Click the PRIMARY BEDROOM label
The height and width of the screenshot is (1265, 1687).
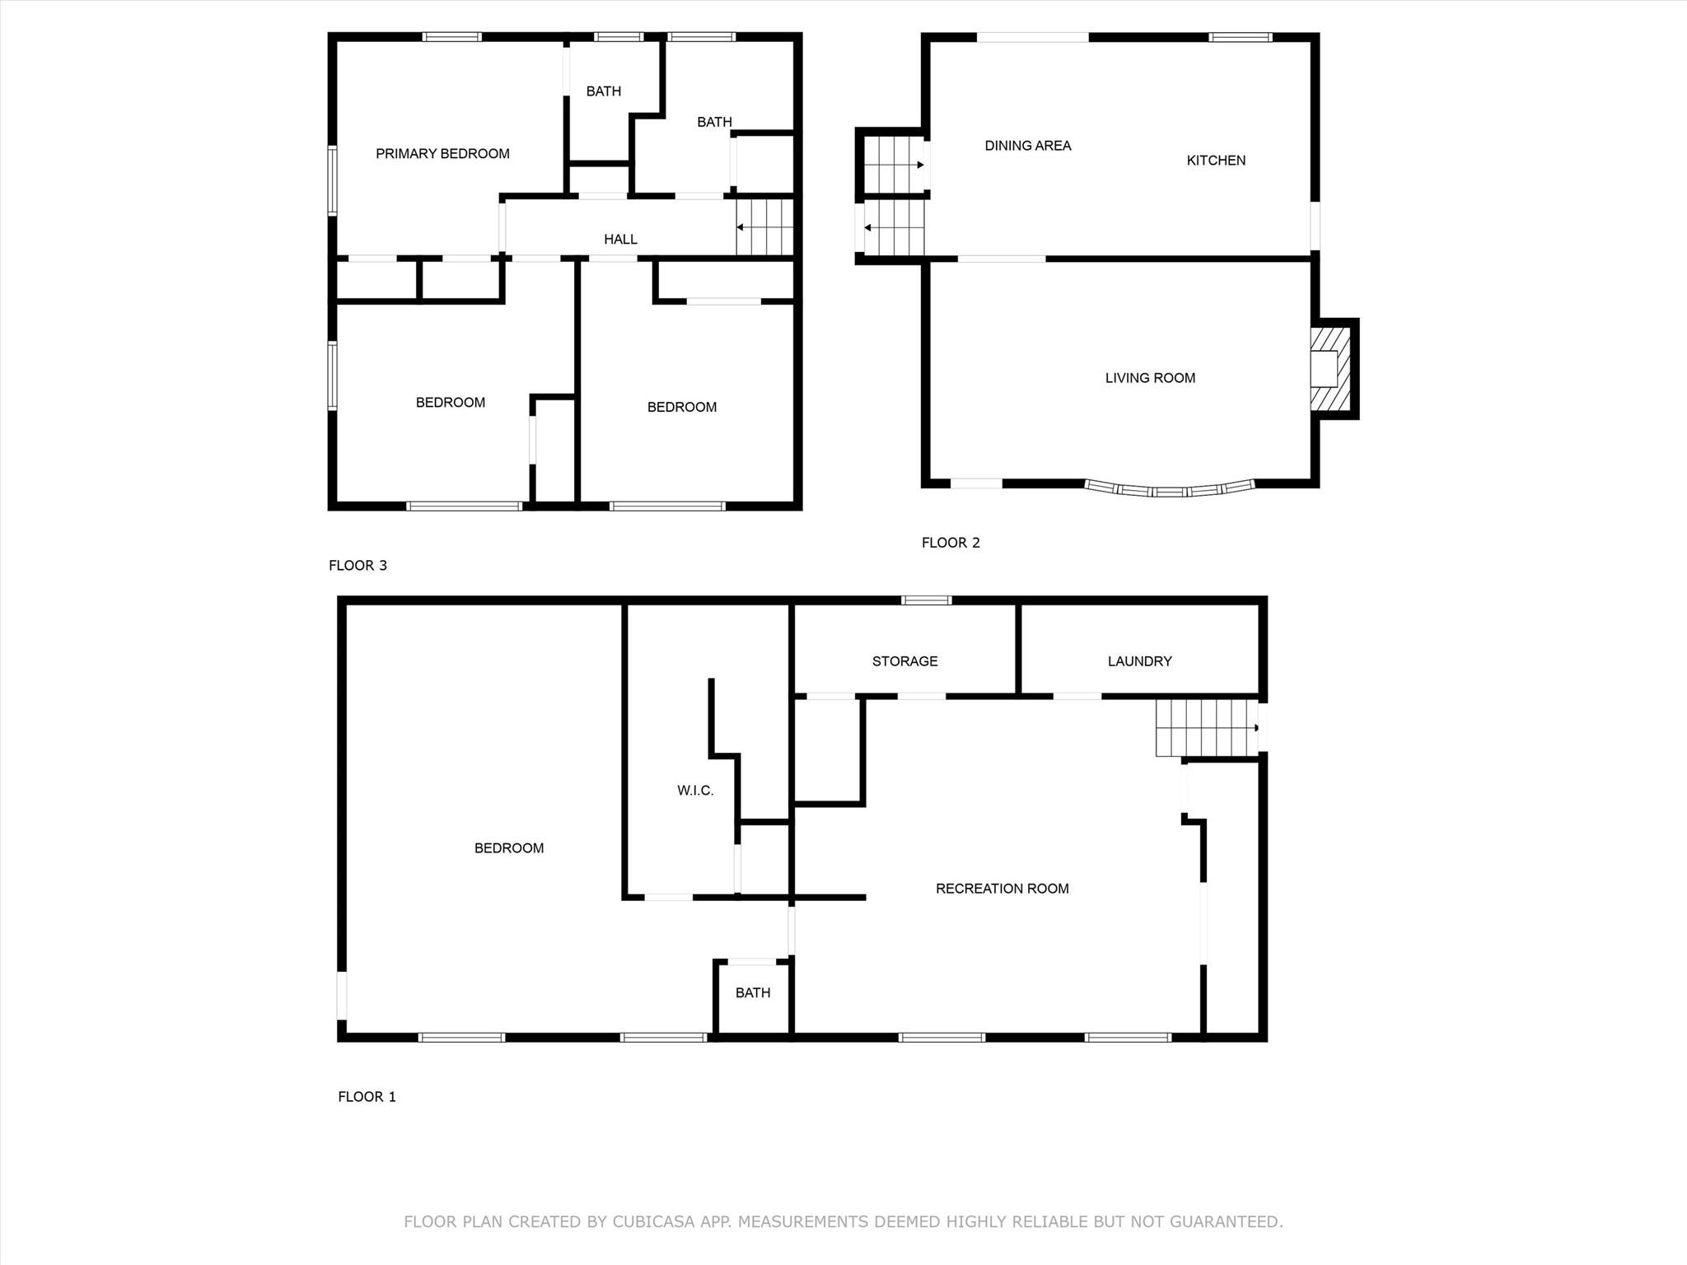click(x=442, y=154)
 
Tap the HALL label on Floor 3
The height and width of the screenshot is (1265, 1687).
click(x=620, y=240)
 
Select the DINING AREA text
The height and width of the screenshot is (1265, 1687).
click(x=1028, y=146)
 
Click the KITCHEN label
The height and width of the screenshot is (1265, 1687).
click(x=1216, y=161)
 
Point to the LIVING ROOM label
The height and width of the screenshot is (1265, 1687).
click(x=1150, y=378)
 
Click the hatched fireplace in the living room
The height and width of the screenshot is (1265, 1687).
click(x=1330, y=369)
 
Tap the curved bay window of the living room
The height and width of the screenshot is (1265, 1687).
click(x=1170, y=491)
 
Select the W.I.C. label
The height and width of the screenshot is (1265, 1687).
click(x=695, y=791)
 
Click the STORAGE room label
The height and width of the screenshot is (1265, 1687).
click(x=904, y=661)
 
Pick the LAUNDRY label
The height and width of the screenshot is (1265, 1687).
click(x=1139, y=661)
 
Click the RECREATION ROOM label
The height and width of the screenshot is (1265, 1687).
click(x=1002, y=889)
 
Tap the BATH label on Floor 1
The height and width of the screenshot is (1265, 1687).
click(x=753, y=993)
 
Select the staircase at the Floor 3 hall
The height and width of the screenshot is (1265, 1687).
click(x=764, y=227)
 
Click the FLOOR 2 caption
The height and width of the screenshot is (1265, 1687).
click(x=951, y=543)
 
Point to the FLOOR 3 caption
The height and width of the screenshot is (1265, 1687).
click(x=357, y=566)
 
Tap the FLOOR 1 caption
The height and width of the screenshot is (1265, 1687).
click(x=367, y=1097)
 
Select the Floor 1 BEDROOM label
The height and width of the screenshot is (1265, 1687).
click(x=509, y=848)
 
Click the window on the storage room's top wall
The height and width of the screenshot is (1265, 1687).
click(x=927, y=600)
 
